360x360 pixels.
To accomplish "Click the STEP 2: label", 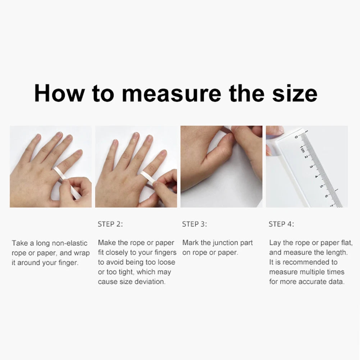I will (x=110, y=224).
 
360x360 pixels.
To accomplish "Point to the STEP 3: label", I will (x=195, y=224).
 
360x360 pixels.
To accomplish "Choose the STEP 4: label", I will (x=281, y=224).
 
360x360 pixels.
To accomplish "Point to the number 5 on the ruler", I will (x=321, y=186).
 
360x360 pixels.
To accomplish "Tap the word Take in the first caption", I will (x=19, y=243).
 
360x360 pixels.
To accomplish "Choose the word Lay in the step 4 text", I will (x=275, y=243).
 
